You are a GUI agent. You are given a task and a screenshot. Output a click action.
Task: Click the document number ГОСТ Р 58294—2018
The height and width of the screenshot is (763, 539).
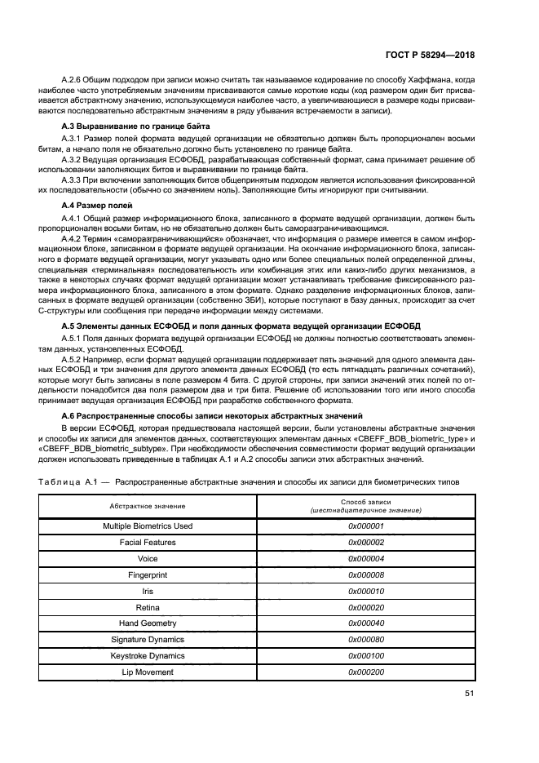coord(429,55)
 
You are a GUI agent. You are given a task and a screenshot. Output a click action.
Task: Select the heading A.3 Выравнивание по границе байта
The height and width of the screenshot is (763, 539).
coord(136,126)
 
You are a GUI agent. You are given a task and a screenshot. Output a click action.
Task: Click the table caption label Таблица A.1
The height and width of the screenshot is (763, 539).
coord(73,482)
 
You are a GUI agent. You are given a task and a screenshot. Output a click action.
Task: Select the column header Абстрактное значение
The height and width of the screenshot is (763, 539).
coord(148,506)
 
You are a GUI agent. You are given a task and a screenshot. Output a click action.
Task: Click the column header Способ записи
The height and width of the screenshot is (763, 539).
coord(365,502)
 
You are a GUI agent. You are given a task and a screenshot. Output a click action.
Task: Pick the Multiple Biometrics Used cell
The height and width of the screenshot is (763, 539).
coord(148,526)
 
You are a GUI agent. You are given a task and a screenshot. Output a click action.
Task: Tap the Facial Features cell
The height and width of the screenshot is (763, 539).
coord(148,543)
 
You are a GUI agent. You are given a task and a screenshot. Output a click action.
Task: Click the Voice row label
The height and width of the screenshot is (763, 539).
coord(148,559)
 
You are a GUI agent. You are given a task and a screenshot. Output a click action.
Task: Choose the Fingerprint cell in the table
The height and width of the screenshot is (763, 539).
coord(148,575)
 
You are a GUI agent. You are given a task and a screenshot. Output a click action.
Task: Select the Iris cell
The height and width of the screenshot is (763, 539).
coord(148,592)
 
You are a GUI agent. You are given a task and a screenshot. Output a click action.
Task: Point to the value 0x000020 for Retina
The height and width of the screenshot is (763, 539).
coord(365,608)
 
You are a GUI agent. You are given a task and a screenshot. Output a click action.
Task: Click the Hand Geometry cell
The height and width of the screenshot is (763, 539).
coord(148,623)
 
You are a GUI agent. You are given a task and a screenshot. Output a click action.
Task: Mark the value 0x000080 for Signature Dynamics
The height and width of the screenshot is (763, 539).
coord(365,640)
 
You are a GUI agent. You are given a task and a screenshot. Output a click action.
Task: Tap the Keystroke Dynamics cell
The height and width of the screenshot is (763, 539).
coord(148,656)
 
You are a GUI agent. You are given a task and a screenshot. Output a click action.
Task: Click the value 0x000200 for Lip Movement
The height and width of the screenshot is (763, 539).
coord(365,672)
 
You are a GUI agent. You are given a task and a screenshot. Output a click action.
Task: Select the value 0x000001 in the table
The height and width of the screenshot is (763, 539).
coord(365,526)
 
